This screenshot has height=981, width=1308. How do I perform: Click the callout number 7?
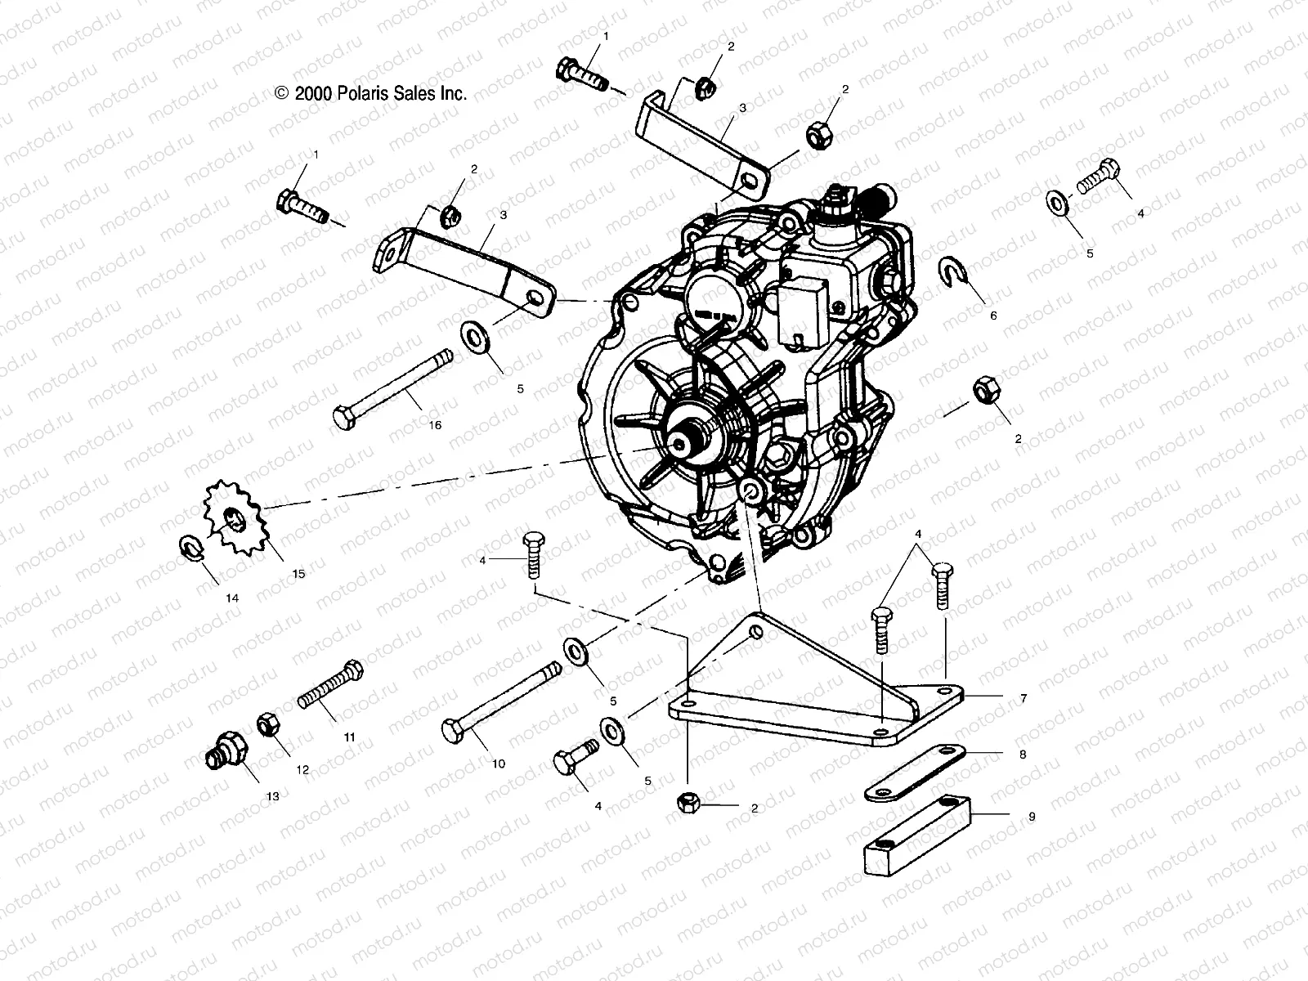(x=1024, y=699)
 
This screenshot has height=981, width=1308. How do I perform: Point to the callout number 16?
(x=434, y=425)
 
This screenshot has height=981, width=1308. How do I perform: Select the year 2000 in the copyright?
(x=311, y=93)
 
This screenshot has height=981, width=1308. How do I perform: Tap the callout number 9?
(x=1032, y=817)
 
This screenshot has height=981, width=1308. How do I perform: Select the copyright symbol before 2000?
(x=282, y=94)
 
